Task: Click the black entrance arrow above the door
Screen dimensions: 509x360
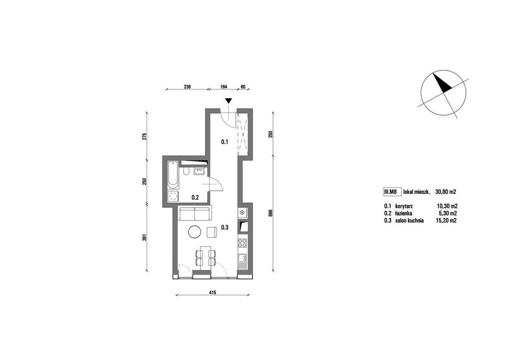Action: (x=229, y=101)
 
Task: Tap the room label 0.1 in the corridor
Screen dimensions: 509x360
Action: (x=225, y=142)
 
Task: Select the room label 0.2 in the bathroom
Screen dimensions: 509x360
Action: (x=195, y=197)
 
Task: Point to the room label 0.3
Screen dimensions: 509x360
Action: (x=225, y=227)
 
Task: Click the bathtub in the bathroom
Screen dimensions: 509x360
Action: (x=173, y=175)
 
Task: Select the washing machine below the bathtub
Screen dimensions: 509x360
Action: (x=173, y=196)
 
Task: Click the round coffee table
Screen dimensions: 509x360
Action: (x=195, y=232)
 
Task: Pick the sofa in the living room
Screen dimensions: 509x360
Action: (x=194, y=212)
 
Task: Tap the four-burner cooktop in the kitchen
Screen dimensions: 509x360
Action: (x=243, y=243)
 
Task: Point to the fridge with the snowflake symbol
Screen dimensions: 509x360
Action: (x=242, y=213)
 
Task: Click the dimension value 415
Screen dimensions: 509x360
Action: (x=212, y=293)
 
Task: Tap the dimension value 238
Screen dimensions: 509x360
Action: (x=187, y=87)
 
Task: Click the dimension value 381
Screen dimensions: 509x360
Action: (x=145, y=238)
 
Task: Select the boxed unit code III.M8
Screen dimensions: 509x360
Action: (x=391, y=192)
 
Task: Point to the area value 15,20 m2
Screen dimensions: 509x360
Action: (x=446, y=221)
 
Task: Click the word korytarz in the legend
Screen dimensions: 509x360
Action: (x=404, y=206)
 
